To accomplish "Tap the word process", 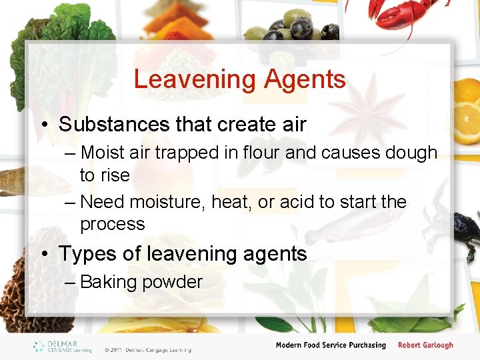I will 112,224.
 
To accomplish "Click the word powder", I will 172,282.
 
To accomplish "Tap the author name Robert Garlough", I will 425,345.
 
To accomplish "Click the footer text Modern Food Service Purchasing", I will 331,345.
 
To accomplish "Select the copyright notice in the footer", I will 147,349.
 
